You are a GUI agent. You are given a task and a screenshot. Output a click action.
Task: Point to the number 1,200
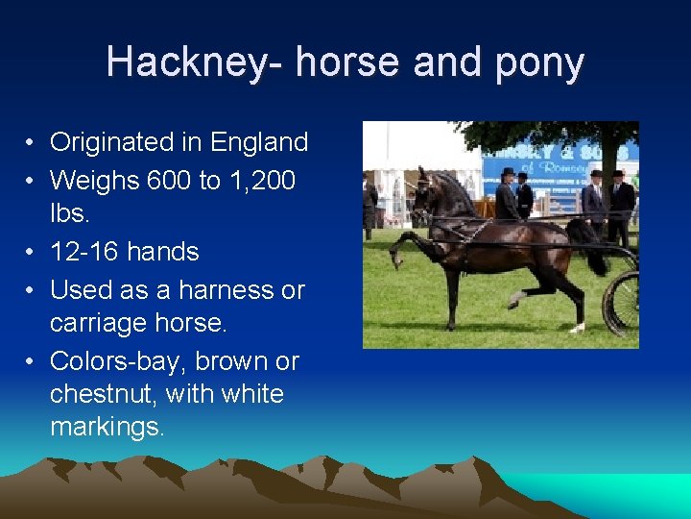tap(262, 180)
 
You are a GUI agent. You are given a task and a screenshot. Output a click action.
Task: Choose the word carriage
tap(106, 324)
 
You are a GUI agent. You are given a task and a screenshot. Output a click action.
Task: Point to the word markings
tap(107, 427)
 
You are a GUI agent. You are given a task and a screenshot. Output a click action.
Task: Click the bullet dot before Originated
tap(32, 143)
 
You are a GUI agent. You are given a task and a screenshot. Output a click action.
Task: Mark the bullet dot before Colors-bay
tap(32, 362)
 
